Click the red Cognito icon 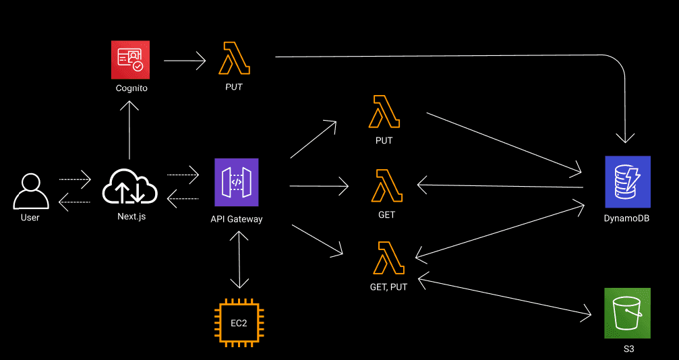pyautogui.click(x=131, y=59)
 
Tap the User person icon pyautogui.click(x=30, y=191)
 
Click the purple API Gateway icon pyautogui.click(x=236, y=182)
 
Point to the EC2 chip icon pyautogui.click(x=239, y=323)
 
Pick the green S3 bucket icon pyautogui.click(x=627, y=313)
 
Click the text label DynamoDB pyautogui.click(x=627, y=218)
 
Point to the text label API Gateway pyautogui.click(x=236, y=219)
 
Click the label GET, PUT pyautogui.click(x=388, y=286)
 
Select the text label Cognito pyautogui.click(x=131, y=88)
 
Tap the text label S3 pyautogui.click(x=628, y=349)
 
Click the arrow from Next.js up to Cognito pyautogui.click(x=129, y=132)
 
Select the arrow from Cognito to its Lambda pyautogui.click(x=184, y=61)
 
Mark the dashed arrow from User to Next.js pyautogui.click(x=74, y=179)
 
